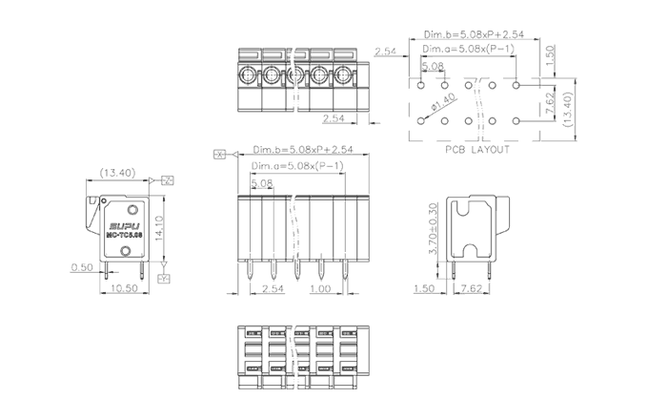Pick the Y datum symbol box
163,278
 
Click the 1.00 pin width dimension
321,287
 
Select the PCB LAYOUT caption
476,150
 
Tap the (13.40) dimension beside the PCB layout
565,102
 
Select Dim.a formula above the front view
297,166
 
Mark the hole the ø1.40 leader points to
421,120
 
